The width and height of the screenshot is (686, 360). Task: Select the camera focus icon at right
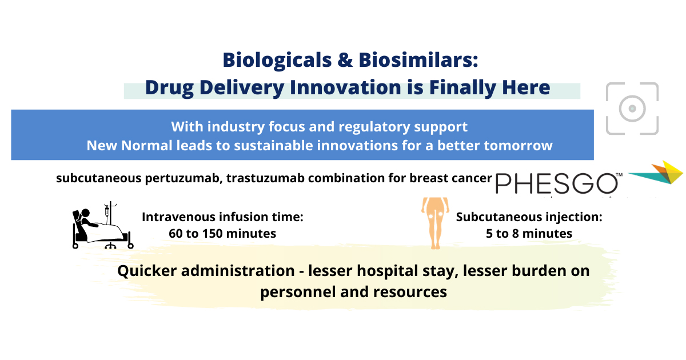tap(632, 109)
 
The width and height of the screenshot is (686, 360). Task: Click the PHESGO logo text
tap(556, 183)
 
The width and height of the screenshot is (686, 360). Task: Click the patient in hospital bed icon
tap(102, 226)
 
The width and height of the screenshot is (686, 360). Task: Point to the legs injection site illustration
tap(434, 223)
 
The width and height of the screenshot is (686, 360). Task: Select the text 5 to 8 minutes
tap(529, 234)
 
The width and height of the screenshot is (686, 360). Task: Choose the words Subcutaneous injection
tap(529, 217)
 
